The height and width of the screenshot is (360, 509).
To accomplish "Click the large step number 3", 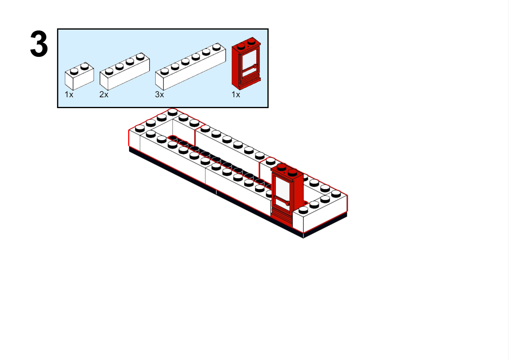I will pyautogui.click(x=39, y=44).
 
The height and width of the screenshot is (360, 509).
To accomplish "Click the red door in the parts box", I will pyautogui.click(x=246, y=64).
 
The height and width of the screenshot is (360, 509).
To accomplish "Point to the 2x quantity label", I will pyautogui.click(x=104, y=95).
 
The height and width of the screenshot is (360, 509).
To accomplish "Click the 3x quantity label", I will pyautogui.click(x=159, y=95).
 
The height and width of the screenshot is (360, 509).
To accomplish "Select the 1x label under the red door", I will pyautogui.click(x=236, y=95).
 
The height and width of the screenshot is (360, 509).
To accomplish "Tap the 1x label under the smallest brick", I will pyautogui.click(x=69, y=95).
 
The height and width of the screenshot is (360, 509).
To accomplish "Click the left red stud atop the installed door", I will pyautogui.click(x=282, y=167).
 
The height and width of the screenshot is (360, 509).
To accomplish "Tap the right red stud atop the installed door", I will pyautogui.click(x=292, y=172).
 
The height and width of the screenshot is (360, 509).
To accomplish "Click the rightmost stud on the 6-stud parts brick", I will pyautogui.click(x=216, y=47).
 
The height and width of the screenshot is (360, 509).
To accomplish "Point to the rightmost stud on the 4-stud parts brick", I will pyautogui.click(x=140, y=56).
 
